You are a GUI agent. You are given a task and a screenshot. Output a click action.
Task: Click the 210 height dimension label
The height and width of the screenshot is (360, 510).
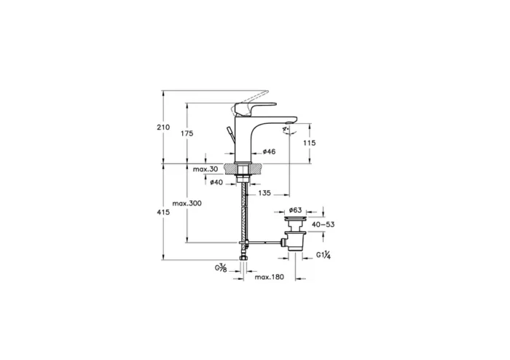click(163, 128)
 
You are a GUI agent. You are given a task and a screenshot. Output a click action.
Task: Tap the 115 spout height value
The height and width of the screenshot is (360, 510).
click(309, 143)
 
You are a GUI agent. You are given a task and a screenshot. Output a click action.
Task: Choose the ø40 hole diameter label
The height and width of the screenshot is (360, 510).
click(216, 182)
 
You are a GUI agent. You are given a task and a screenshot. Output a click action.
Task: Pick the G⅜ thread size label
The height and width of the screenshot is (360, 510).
click(221, 269)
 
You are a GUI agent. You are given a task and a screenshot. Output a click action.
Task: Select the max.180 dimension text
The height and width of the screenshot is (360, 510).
click(268, 278)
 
